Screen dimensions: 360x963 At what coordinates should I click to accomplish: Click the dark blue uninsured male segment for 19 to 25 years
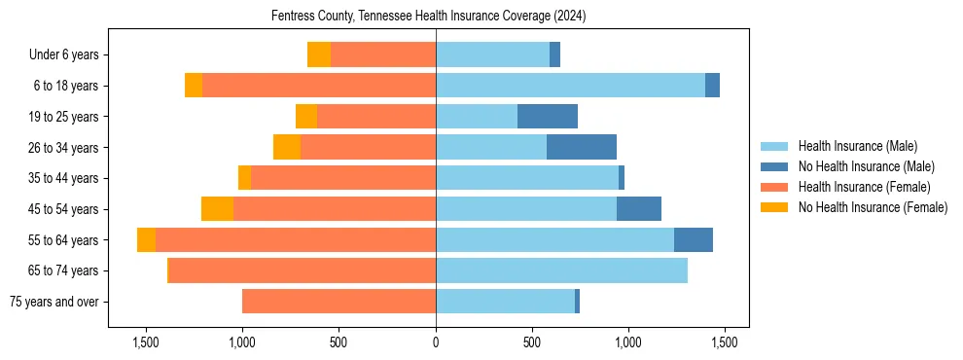coord(547,117)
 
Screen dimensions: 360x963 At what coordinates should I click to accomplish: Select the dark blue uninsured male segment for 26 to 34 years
coord(581,147)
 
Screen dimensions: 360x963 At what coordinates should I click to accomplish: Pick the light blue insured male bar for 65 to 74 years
coord(561,270)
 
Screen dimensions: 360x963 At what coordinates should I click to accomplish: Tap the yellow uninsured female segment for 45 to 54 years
coord(217,209)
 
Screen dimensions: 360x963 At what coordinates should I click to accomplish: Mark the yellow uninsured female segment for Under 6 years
coord(319,55)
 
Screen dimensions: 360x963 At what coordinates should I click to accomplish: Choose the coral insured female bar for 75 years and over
coord(339,302)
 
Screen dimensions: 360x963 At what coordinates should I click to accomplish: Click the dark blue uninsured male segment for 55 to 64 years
coord(693,240)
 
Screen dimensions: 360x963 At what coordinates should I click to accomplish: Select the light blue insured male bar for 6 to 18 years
coord(570,86)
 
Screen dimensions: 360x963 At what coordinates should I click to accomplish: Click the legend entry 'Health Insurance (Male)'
coord(857,146)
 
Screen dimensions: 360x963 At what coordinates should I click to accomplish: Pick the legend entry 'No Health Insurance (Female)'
coord(872,207)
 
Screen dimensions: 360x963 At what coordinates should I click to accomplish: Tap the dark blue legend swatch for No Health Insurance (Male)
coord(775,166)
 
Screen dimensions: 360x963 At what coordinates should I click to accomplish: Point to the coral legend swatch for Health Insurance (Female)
coord(775,187)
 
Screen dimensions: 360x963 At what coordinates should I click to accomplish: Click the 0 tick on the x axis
coord(436,342)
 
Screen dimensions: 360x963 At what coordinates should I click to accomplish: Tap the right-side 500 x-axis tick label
coord(532,342)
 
